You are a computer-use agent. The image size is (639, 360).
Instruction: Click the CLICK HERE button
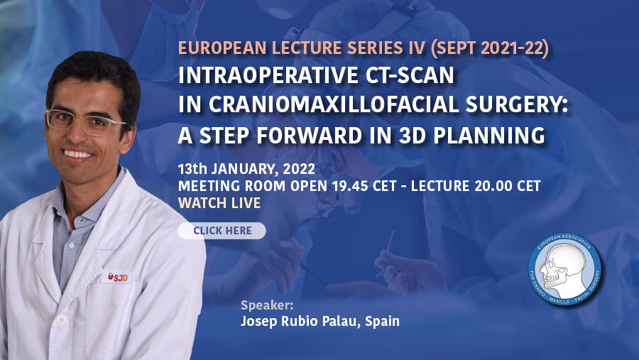pos(222,231)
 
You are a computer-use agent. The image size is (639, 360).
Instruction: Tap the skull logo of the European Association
pos(564,269)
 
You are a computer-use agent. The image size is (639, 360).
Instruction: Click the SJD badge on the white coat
pos(117,277)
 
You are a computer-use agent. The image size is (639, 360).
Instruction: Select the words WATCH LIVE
pos(219,203)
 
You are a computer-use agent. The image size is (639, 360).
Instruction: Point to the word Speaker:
pos(267,305)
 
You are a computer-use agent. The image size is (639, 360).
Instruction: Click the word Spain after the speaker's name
pos(382,321)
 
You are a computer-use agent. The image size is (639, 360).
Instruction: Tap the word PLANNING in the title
pos(489,136)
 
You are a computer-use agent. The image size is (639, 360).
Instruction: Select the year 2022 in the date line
pos(299,169)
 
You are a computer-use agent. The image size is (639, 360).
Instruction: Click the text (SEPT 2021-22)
pos(489,48)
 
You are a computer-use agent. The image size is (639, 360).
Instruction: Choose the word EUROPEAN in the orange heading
pos(222,48)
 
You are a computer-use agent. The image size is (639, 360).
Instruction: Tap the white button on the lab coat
pos(62,320)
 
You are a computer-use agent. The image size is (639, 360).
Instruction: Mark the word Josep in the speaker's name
pos(255,322)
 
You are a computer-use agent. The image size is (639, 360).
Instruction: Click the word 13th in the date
pos(192,169)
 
